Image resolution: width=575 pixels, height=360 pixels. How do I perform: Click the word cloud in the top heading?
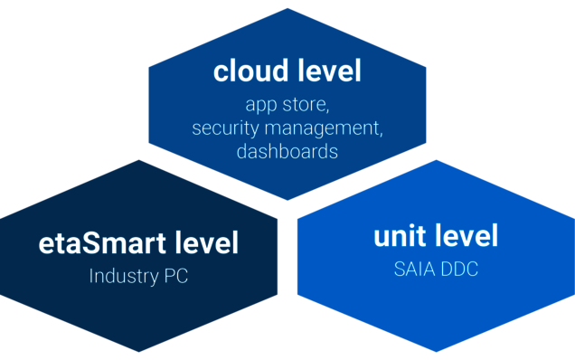[x=245, y=71]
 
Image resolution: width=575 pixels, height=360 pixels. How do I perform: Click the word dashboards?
[x=287, y=151]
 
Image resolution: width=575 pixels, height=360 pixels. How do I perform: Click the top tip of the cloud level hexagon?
[x=287, y=7]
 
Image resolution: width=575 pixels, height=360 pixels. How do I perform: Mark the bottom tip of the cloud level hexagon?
[x=287, y=201]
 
